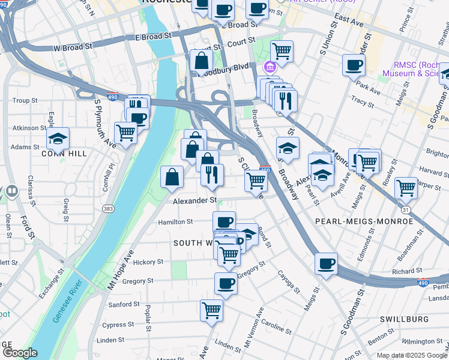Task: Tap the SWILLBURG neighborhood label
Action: [x=404, y=319]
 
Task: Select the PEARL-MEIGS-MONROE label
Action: [x=364, y=221]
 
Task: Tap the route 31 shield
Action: [x=406, y=209]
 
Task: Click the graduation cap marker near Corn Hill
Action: [x=59, y=139]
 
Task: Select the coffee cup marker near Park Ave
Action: [x=354, y=65]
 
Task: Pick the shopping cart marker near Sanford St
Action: [x=211, y=310]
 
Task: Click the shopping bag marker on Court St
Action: [x=201, y=61]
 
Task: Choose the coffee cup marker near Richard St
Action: [x=326, y=263]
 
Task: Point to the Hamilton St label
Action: [x=175, y=221]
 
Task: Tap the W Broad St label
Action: [x=73, y=46]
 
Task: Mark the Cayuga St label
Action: [x=288, y=281]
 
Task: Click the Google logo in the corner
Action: [x=20, y=352]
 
